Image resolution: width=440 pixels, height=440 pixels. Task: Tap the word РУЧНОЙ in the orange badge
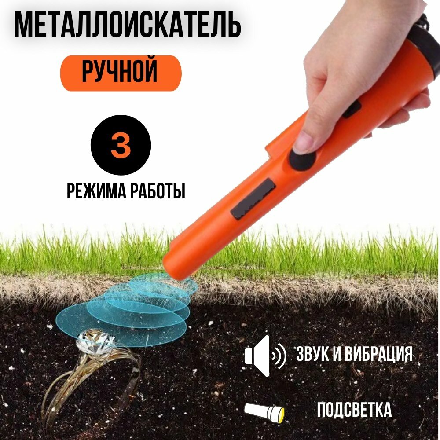click(x=120, y=73)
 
